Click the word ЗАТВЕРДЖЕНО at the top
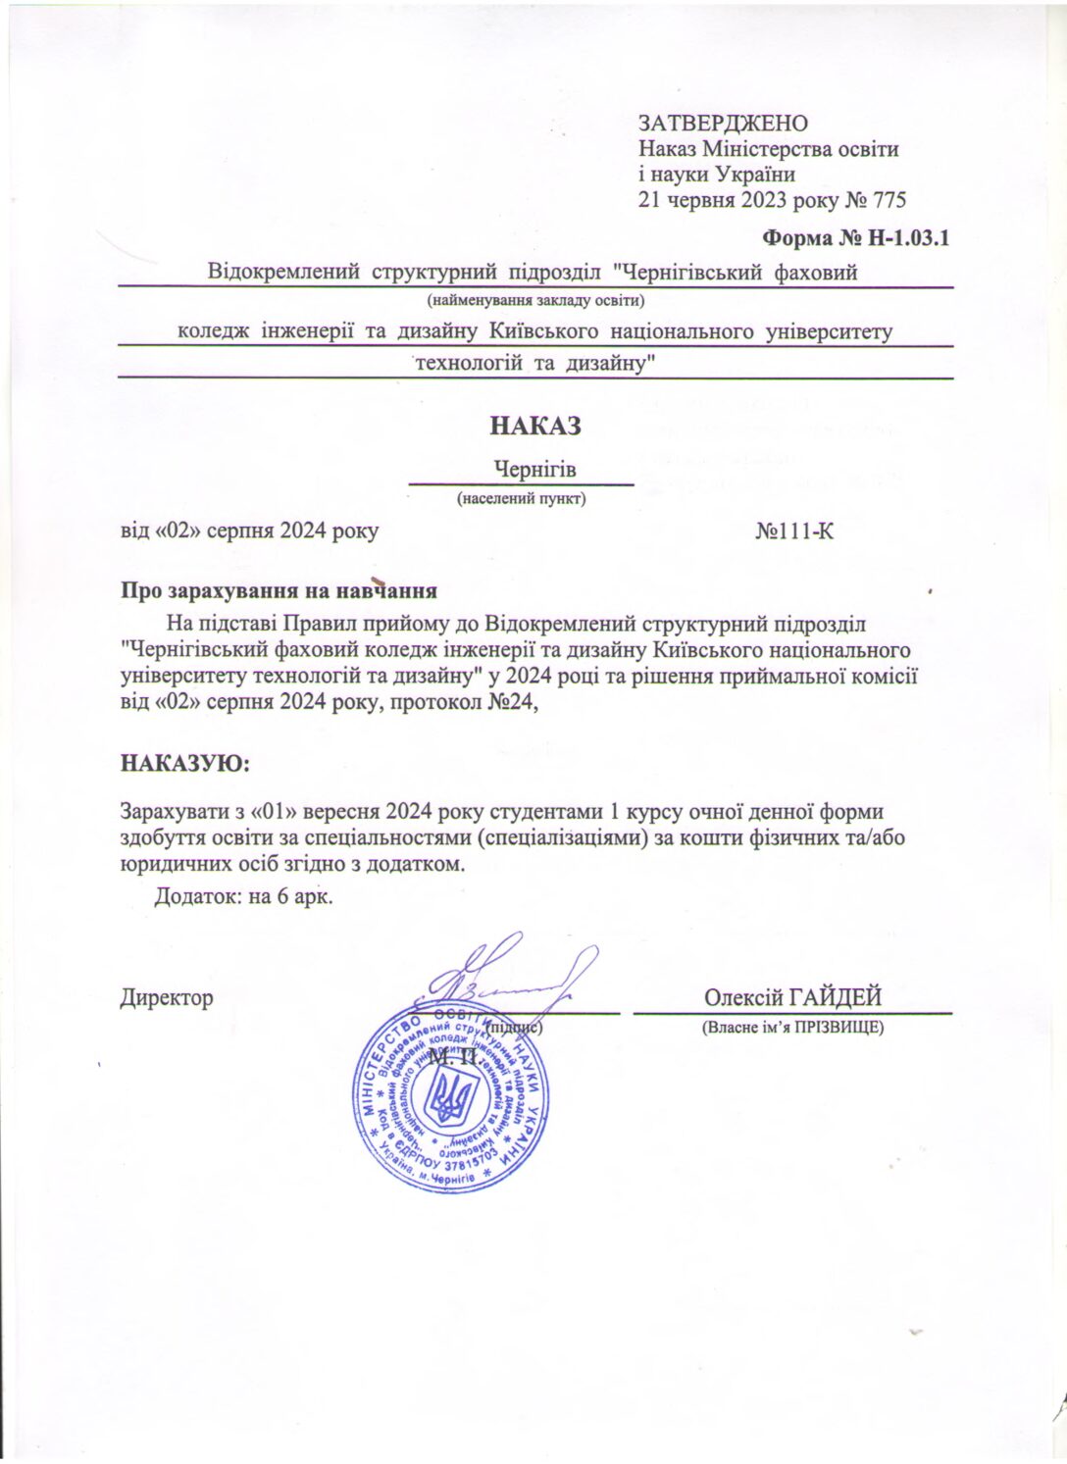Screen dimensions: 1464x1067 [723, 124]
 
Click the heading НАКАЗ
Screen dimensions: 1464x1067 [534, 427]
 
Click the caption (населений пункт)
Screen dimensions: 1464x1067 [522, 499]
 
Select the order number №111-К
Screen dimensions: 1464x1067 [795, 531]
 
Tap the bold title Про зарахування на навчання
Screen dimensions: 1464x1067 [278, 591]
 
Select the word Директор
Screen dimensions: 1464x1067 [167, 998]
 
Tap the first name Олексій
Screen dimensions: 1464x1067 [740, 997]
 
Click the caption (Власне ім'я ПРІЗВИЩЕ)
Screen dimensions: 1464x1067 [792, 1028]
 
